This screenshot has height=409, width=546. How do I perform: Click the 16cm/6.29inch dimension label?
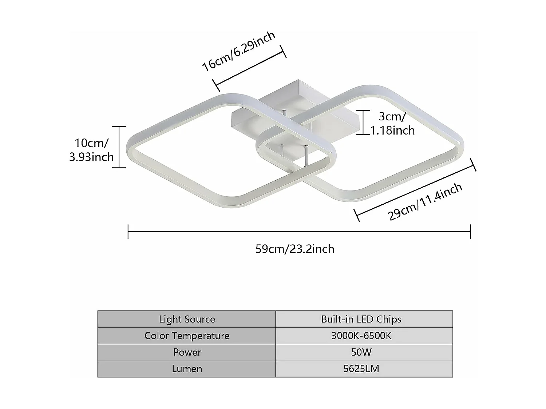238,51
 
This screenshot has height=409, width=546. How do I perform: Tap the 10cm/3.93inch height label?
91,150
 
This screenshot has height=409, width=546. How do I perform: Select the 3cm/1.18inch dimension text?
392,123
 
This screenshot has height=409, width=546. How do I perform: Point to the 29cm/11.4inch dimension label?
425,201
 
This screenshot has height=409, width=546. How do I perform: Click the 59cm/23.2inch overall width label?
295,249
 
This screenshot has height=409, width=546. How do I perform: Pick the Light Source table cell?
187,319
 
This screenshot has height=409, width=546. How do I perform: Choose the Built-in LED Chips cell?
361,319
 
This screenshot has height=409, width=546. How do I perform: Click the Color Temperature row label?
187,336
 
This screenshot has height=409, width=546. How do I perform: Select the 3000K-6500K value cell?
361,336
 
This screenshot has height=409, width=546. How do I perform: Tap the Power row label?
187,352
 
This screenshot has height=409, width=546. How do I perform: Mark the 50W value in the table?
361,352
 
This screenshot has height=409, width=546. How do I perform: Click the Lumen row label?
187,369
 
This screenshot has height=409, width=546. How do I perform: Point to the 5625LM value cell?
361,369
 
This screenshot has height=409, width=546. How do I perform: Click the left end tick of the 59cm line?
128,232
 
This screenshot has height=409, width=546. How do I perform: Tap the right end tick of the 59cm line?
471,232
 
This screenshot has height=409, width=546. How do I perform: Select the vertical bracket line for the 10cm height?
119,147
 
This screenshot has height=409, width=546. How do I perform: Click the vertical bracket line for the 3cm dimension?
363,123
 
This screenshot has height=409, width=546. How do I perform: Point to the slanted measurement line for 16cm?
250,68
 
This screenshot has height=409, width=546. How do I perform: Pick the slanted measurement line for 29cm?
415,190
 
